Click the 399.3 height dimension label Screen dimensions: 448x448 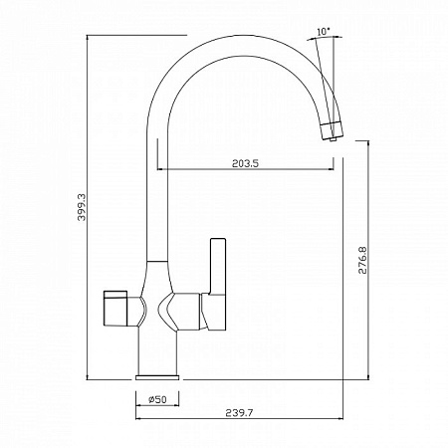click(x=82, y=207)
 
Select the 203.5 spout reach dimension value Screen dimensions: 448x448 click(x=245, y=163)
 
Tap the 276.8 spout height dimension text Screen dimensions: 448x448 click(x=362, y=260)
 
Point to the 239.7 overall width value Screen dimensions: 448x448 click(x=239, y=413)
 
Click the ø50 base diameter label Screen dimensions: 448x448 click(x=157, y=400)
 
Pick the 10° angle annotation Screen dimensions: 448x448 click(x=324, y=32)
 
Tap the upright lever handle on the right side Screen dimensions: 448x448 click(x=218, y=266)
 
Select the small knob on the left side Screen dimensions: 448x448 click(x=115, y=309)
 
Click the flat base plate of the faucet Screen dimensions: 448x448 click(x=157, y=377)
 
